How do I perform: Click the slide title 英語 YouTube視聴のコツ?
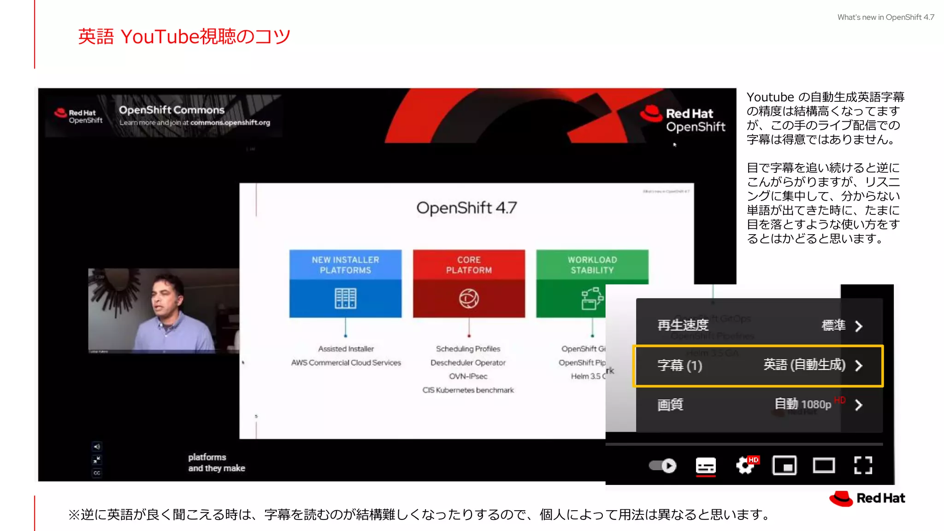click(184, 37)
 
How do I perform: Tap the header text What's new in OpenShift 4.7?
click(885, 18)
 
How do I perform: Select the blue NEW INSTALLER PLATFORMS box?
click(345, 283)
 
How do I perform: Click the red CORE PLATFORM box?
click(469, 283)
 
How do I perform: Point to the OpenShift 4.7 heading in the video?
click(466, 208)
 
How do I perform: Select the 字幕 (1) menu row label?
click(679, 366)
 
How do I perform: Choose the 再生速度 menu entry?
click(683, 325)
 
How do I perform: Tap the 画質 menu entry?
click(670, 405)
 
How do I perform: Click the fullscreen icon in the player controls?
click(863, 466)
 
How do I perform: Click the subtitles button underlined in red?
click(706, 466)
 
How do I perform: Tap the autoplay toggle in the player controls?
click(663, 466)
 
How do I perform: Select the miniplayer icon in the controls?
click(785, 466)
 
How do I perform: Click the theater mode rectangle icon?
click(824, 466)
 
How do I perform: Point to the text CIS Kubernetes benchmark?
click(468, 390)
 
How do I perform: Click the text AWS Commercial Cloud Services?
click(346, 363)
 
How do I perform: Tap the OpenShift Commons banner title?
click(171, 110)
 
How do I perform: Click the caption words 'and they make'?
click(217, 468)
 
